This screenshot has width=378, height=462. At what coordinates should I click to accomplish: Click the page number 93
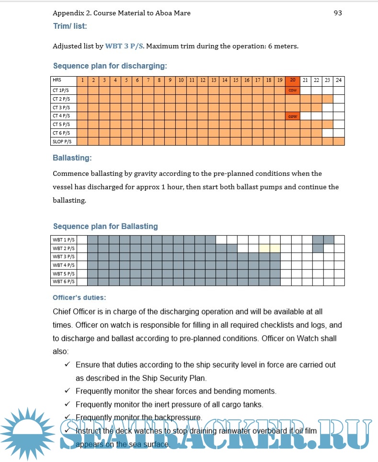tap(337, 13)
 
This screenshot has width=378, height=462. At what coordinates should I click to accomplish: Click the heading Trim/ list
tap(70, 25)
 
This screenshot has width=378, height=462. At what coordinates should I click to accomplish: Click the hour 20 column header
tap(292, 81)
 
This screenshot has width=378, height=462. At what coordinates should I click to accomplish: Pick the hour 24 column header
tap(339, 81)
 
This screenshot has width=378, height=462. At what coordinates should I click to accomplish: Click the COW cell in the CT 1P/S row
tap(292, 90)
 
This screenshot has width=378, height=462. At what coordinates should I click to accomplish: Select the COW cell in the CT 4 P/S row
tap(292, 115)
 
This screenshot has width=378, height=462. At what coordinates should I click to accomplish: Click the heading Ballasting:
tap(72, 157)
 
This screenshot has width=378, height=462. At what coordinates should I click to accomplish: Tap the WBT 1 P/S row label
tap(64, 240)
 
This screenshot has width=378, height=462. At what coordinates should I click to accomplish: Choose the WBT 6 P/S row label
tap(64, 282)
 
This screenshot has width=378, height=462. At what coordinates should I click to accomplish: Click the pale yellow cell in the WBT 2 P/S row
tap(269, 248)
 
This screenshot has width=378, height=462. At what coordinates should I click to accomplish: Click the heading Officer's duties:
tap(80, 298)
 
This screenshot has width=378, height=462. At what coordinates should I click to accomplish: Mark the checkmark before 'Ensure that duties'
tap(68, 365)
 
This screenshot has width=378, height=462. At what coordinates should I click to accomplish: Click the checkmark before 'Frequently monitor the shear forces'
tap(68, 391)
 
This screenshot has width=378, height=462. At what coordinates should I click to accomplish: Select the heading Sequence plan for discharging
tap(110, 66)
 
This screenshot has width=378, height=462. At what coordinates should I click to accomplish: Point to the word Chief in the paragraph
tap(62, 312)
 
